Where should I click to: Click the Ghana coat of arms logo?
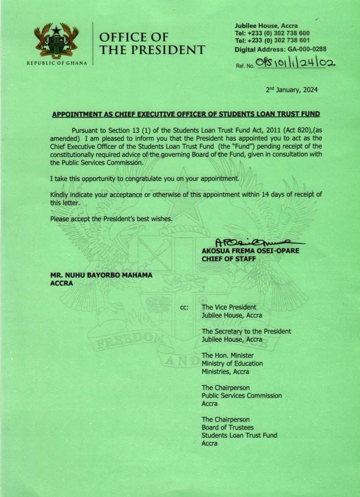(x=56, y=40)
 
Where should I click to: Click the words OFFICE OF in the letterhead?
(x=133, y=37)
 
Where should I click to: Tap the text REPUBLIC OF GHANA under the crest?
(x=57, y=63)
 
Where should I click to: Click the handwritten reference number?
(x=296, y=63)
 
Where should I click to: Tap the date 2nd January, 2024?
(x=292, y=90)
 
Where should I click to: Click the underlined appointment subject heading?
(x=186, y=114)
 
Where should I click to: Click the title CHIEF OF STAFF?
(x=229, y=259)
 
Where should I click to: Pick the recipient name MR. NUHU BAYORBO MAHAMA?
(x=102, y=275)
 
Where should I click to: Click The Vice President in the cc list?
(x=229, y=307)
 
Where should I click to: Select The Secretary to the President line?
(x=246, y=331)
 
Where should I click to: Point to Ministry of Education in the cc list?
(x=232, y=363)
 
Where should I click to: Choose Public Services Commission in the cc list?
(x=242, y=395)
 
